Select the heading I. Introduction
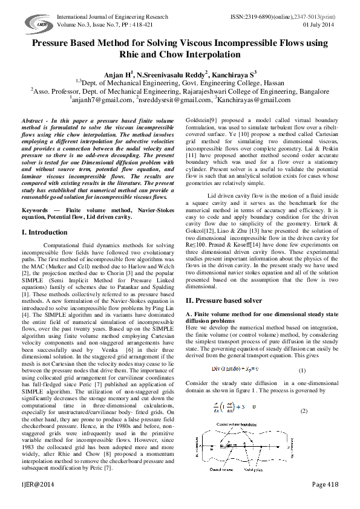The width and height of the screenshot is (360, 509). point(44,232)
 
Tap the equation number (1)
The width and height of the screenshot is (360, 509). point(319,370)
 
